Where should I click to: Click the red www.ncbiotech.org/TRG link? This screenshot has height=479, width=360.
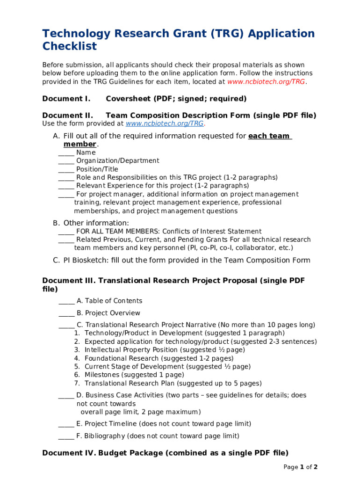point(266,82)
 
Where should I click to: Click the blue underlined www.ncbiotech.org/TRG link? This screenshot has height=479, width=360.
point(165,124)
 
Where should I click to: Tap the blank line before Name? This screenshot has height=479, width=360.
point(66,153)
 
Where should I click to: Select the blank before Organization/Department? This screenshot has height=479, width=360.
point(66,161)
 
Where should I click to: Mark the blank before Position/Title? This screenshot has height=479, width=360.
point(66,170)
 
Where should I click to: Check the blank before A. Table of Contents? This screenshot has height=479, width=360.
point(66,301)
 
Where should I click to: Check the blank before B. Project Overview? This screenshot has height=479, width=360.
point(66,313)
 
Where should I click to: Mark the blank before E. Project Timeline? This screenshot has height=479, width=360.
point(66,424)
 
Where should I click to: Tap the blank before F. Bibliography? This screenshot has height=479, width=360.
point(66,436)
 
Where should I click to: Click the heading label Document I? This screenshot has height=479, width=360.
point(66,99)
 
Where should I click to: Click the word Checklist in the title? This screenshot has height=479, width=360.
point(70,46)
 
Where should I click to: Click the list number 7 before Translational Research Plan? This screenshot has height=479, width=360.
point(76,384)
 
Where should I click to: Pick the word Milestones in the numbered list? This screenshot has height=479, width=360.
point(102,375)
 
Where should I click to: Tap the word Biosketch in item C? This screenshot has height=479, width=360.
point(87,261)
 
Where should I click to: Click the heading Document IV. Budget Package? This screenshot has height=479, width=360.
point(165,453)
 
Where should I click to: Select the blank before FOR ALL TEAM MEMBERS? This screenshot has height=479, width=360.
point(66,232)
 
